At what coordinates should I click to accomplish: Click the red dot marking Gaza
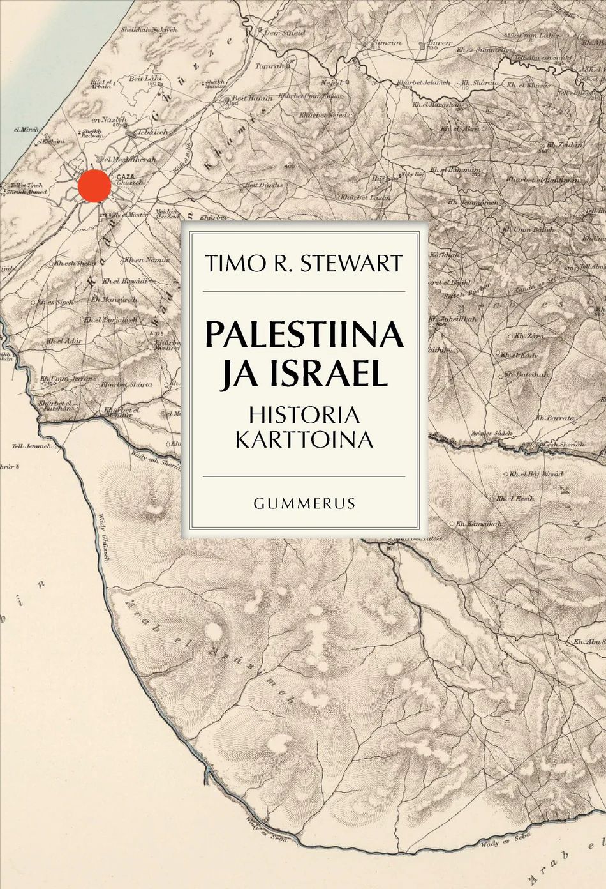click(x=94, y=185)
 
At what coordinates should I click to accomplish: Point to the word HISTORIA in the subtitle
click(x=304, y=415)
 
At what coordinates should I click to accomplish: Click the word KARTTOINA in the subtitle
click(x=304, y=440)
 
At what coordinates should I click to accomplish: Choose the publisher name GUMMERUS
click(x=304, y=503)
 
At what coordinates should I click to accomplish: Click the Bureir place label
click(x=440, y=43)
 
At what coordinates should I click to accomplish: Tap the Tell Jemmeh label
click(x=31, y=446)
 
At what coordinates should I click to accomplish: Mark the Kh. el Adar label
click(x=64, y=341)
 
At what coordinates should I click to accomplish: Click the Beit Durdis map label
click(x=263, y=185)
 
